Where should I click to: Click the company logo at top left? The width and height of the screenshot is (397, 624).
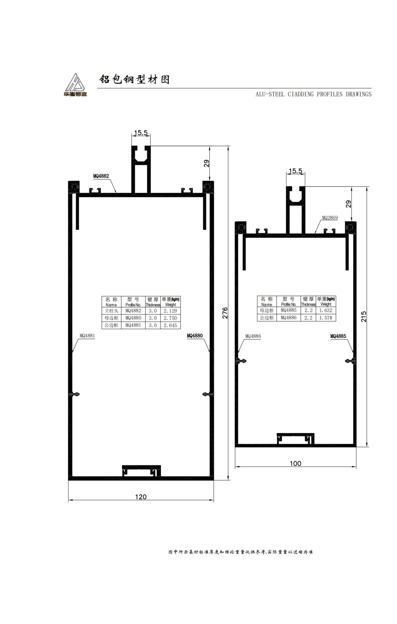[x=75, y=85]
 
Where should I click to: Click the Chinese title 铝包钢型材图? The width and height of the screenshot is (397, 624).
[x=135, y=79]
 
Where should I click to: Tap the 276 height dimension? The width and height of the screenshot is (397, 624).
[x=225, y=313]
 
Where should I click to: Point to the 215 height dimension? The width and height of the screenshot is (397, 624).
[x=364, y=317]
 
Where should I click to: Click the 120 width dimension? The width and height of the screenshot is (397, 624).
[x=141, y=497]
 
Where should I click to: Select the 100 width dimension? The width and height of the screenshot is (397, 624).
[x=295, y=463]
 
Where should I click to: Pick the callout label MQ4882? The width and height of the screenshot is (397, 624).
[x=101, y=176]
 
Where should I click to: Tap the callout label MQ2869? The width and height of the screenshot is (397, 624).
[x=330, y=218]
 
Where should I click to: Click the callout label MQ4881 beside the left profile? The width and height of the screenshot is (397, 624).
[x=87, y=336]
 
